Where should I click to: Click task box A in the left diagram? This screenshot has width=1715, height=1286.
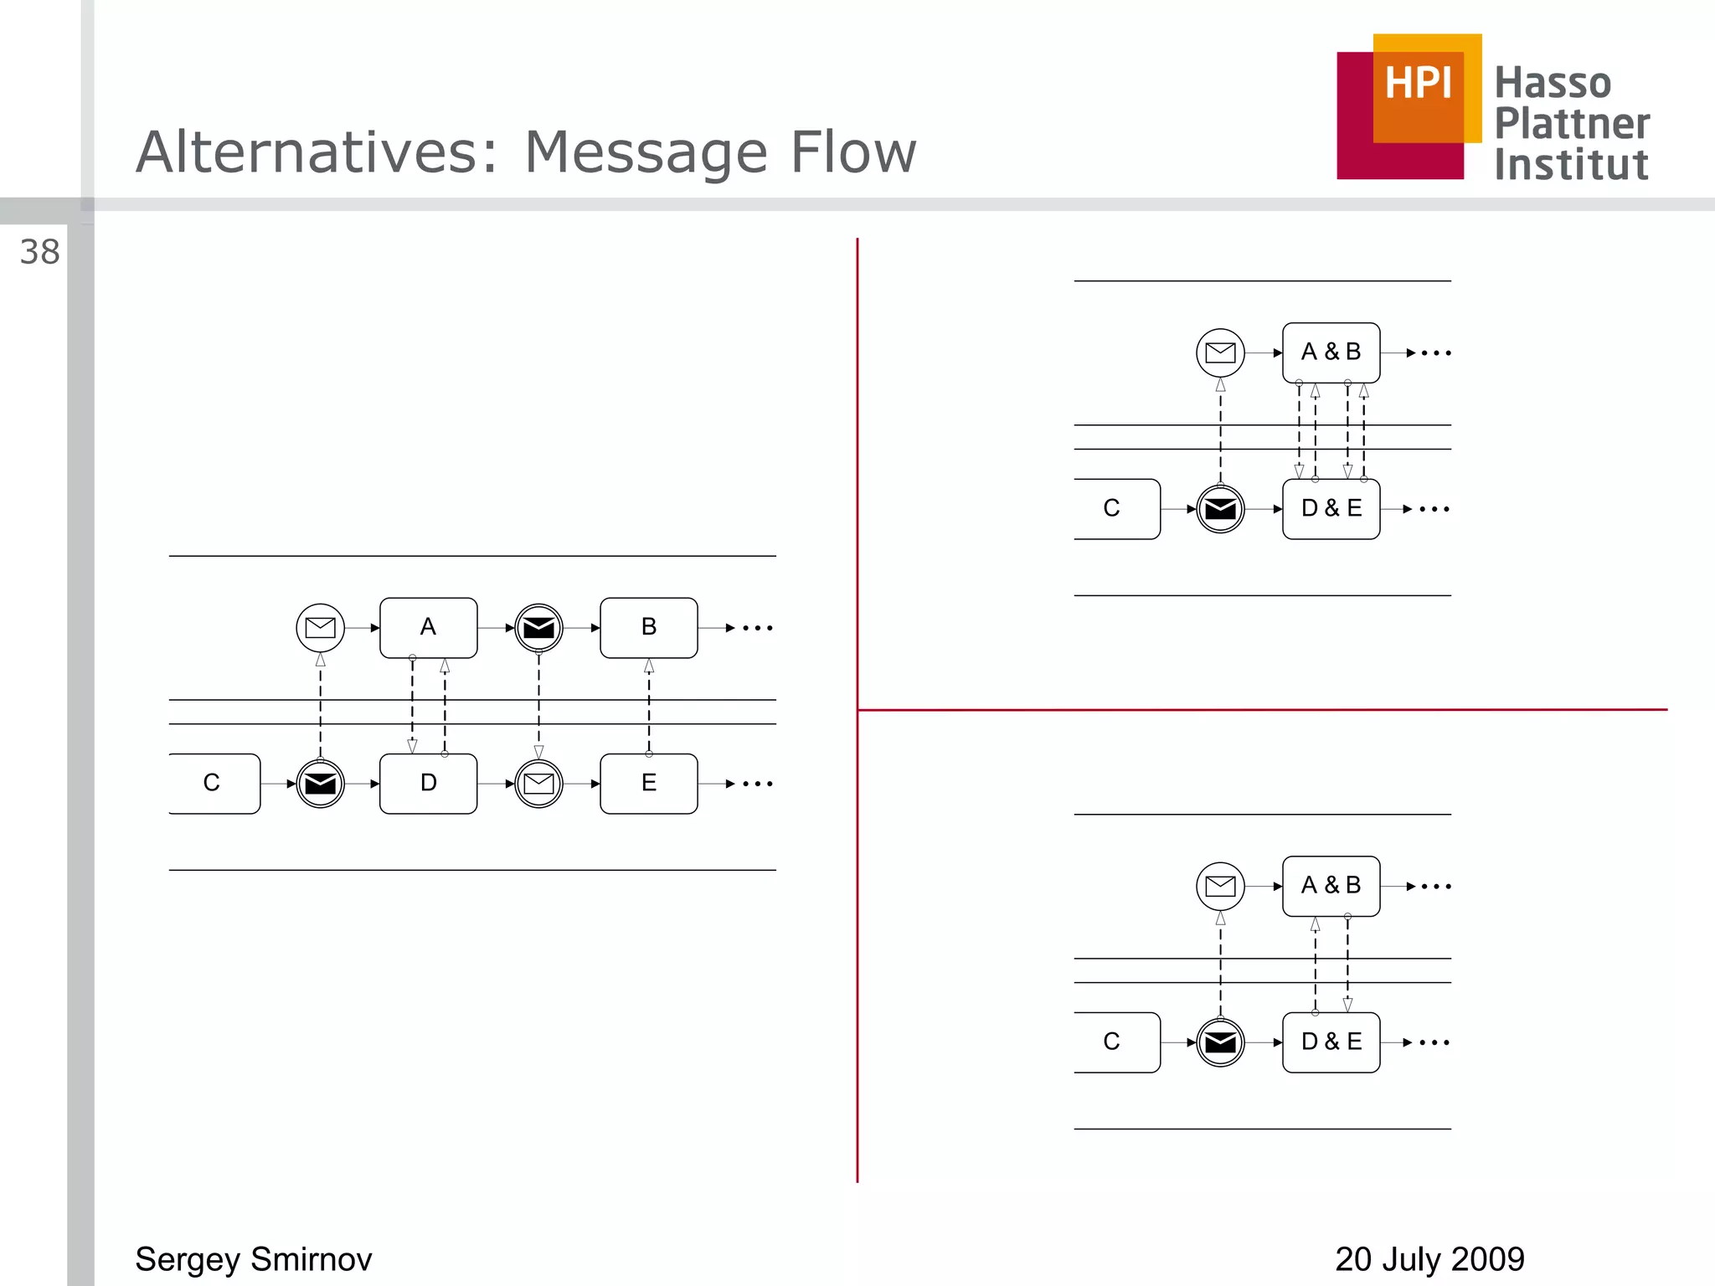428,627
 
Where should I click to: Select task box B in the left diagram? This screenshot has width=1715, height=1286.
648,627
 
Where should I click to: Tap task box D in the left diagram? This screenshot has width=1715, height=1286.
428,784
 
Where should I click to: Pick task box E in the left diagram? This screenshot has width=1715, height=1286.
648,784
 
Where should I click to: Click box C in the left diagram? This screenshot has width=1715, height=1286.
214,784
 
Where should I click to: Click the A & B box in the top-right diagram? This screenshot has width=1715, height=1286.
1331,352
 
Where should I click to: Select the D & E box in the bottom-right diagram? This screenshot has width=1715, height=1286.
1331,1042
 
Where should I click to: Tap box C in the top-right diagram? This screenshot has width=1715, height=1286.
1114,509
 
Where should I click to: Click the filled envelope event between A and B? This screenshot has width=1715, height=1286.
538,628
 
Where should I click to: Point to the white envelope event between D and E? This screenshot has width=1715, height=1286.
538,784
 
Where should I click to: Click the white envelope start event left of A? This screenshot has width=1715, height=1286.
320,628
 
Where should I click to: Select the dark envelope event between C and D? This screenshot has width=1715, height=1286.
320,784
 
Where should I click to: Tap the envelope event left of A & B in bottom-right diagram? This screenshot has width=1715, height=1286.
1220,886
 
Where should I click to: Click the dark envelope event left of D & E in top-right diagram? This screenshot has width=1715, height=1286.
1220,509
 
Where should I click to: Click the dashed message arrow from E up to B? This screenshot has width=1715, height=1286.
649,707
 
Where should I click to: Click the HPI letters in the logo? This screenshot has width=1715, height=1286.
1418,84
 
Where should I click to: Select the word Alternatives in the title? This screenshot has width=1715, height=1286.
317,152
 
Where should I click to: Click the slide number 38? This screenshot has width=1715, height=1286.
39,252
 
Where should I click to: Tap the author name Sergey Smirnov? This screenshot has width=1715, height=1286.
253,1259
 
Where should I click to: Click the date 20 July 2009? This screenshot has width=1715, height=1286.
1429,1259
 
